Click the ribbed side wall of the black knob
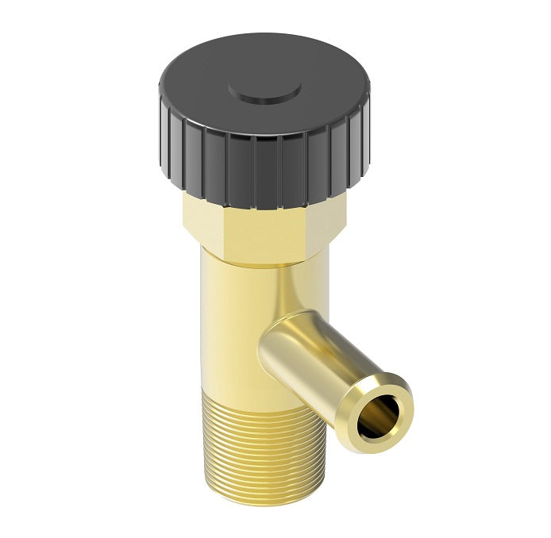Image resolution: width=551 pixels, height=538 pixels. click(x=262, y=171)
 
